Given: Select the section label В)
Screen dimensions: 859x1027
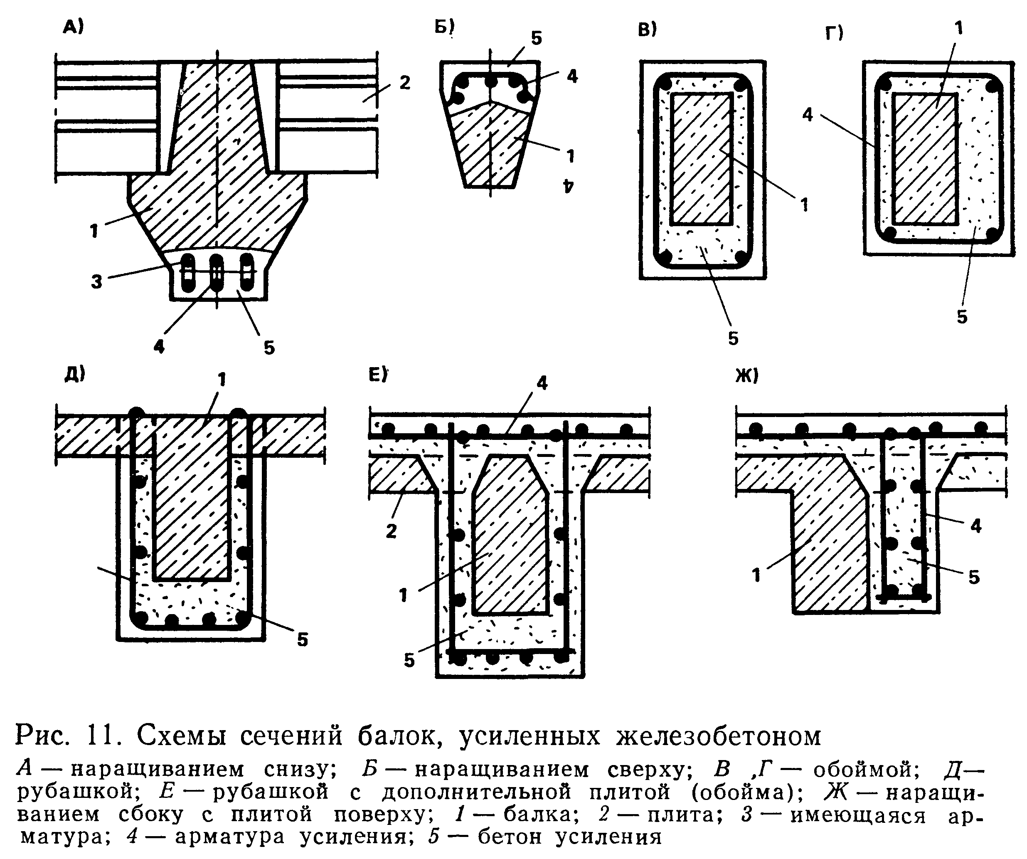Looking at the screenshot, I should (648, 30).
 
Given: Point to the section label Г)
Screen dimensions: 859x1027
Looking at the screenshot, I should (835, 33).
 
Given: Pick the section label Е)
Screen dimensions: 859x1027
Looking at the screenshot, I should (377, 375).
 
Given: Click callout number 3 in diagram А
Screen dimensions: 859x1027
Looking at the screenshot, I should (96, 281).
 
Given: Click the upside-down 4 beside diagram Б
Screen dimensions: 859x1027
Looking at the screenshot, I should (568, 186).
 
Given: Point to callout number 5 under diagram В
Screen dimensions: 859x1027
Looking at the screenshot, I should (733, 338).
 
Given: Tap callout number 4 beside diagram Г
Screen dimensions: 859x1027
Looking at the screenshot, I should (808, 114).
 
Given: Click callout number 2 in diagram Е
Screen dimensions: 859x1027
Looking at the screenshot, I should (391, 531).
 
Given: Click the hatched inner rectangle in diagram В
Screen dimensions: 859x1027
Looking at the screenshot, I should (701, 159).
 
